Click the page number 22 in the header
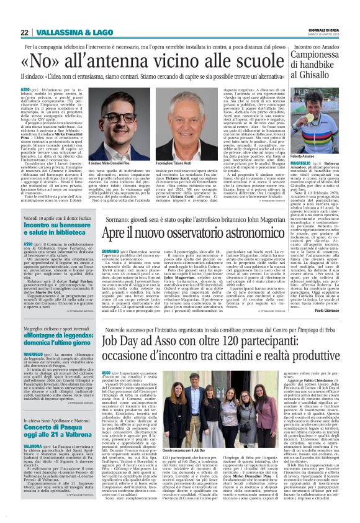[24, 33]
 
